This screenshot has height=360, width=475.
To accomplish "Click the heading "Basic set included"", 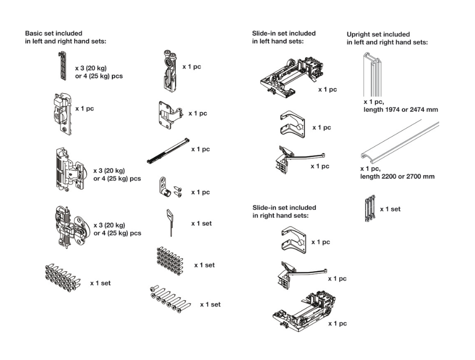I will pos(54,33).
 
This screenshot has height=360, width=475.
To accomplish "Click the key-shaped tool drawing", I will pos(170,221).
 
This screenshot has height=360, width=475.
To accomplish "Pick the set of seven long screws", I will pos(170,299).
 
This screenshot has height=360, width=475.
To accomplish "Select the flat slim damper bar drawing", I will pos(167,150).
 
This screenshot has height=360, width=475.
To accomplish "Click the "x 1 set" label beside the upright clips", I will pos(390,209).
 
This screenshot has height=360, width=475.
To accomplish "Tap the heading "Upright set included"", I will pos(378,34).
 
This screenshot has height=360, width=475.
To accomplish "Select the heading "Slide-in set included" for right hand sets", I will pos(284,207).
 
